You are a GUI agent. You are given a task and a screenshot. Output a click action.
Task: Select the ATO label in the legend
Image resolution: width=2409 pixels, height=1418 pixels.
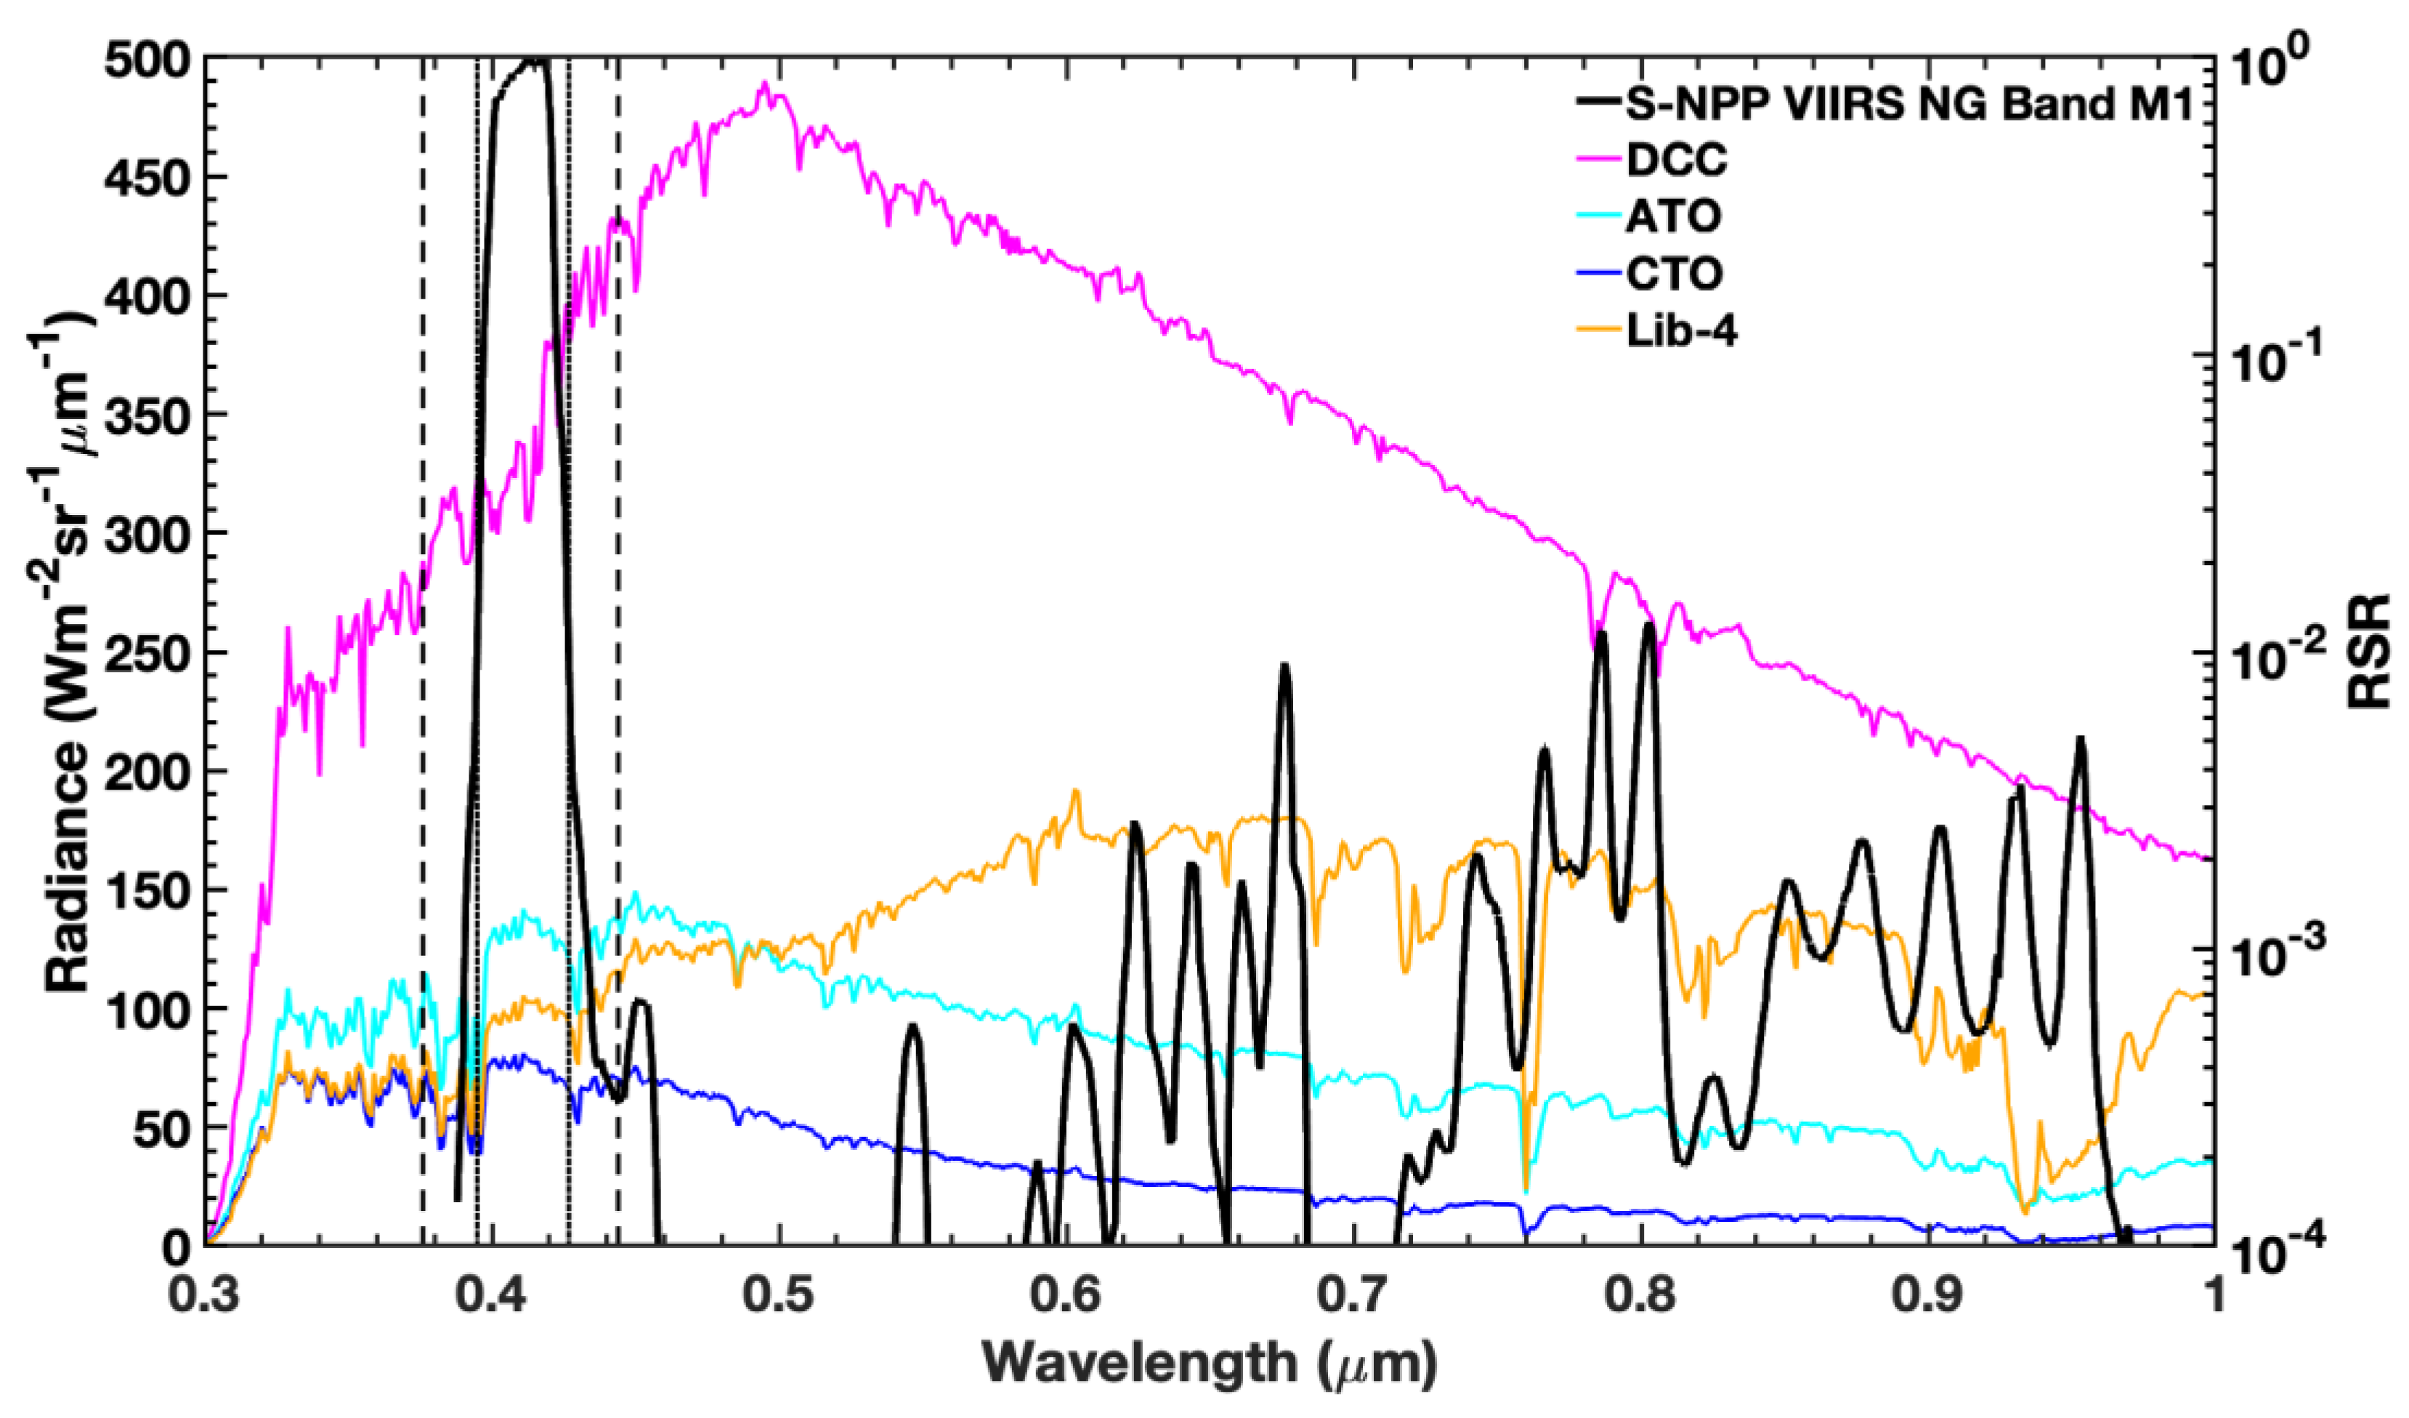pyautogui.click(x=1673, y=217)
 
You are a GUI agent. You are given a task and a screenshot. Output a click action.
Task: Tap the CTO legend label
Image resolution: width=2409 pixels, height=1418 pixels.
pyautogui.click(x=1674, y=275)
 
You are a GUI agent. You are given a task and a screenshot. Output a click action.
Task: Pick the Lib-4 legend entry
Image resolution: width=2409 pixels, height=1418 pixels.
pyautogui.click(x=1683, y=332)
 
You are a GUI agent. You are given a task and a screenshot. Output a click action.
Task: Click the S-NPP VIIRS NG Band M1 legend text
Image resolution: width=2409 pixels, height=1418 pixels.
pyautogui.click(x=1906, y=103)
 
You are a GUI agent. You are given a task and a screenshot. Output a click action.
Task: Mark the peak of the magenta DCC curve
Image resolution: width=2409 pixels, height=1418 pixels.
pyautogui.click(x=765, y=84)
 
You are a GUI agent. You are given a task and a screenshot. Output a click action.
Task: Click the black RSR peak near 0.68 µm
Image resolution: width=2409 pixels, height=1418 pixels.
pyautogui.click(x=1285, y=666)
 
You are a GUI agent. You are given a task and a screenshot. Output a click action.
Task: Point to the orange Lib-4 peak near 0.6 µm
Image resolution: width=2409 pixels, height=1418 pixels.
pyautogui.click(x=1075, y=791)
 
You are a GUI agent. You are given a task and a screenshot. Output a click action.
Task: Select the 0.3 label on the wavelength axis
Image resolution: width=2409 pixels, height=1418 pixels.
pyautogui.click(x=206, y=1298)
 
